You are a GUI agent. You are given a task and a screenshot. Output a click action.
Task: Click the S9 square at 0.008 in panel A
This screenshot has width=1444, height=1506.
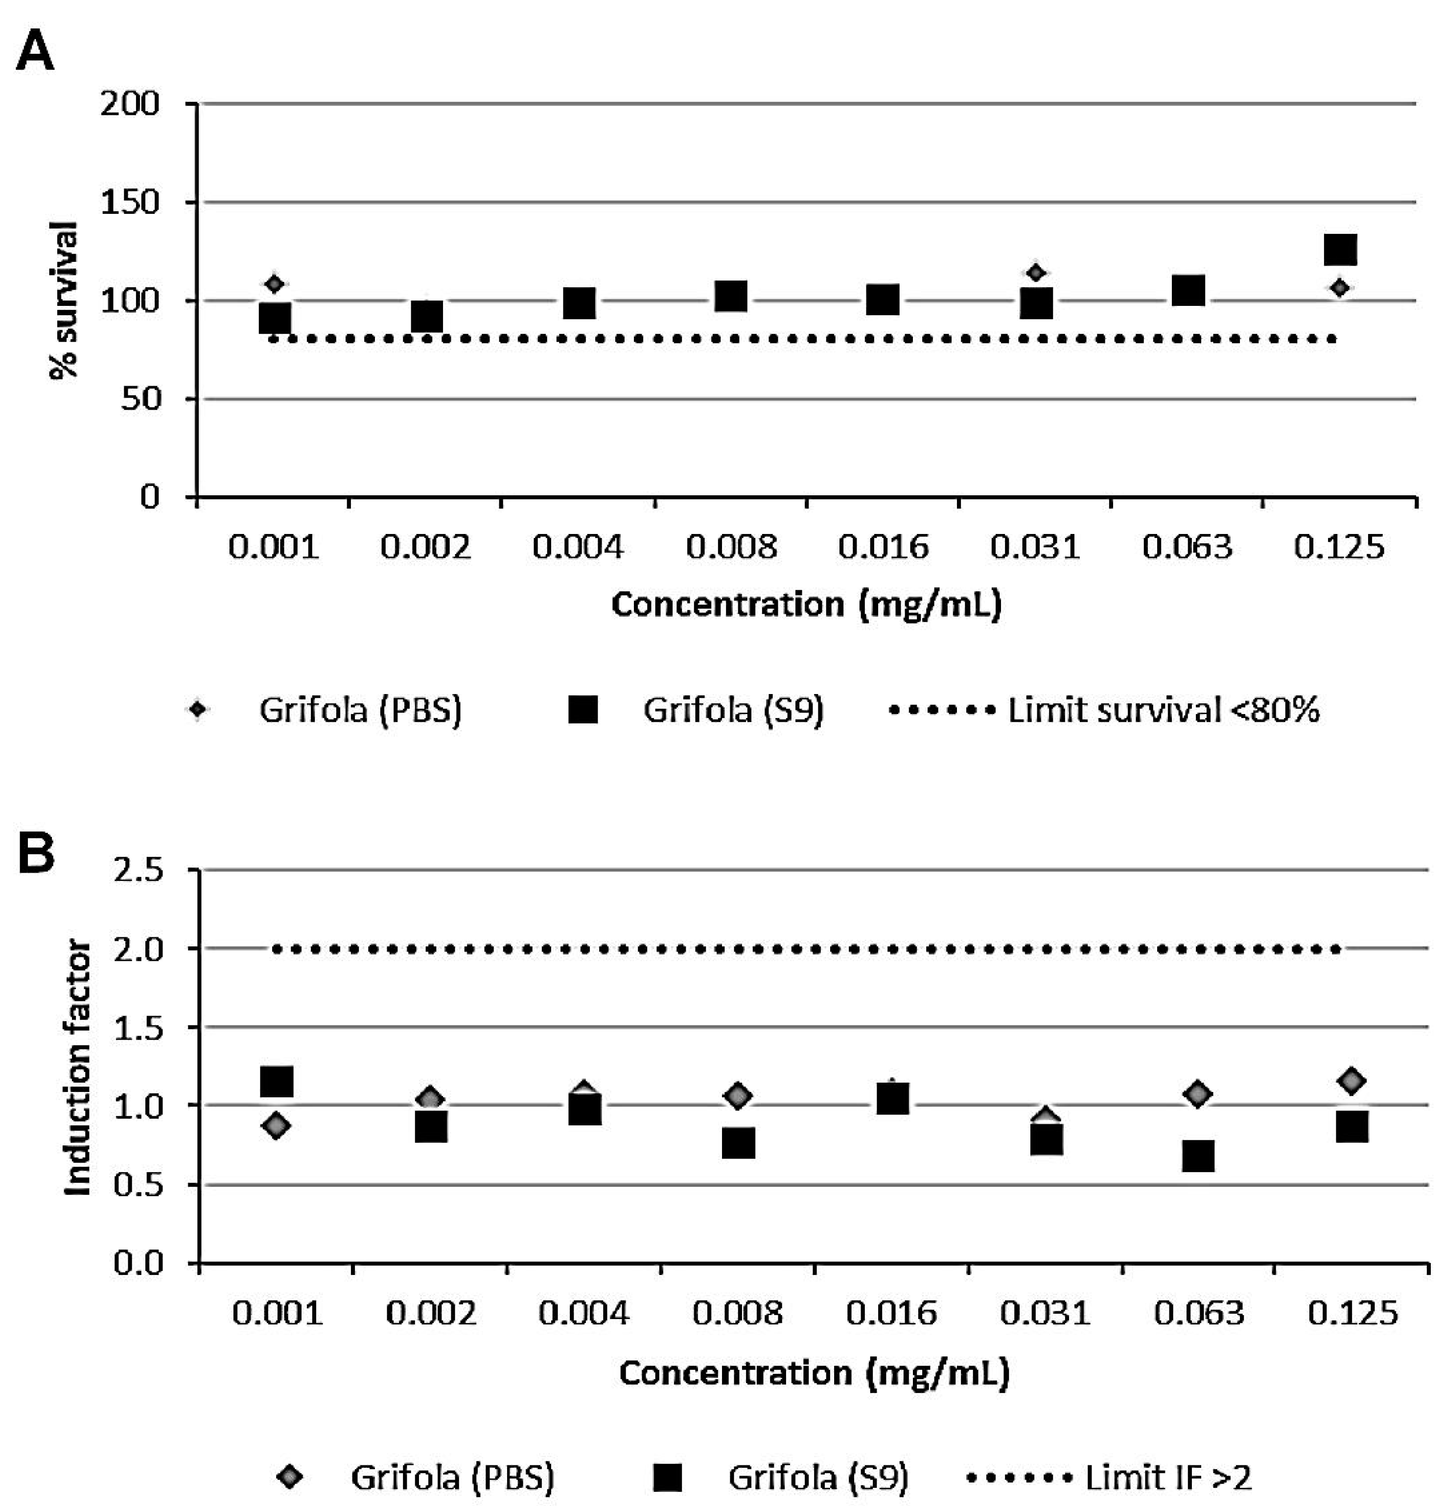coord(731,296)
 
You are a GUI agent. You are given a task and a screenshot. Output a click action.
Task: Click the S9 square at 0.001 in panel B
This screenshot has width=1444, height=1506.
coord(277,1081)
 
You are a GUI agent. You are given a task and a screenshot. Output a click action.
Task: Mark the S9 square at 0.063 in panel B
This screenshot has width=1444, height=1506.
coord(1197,1156)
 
